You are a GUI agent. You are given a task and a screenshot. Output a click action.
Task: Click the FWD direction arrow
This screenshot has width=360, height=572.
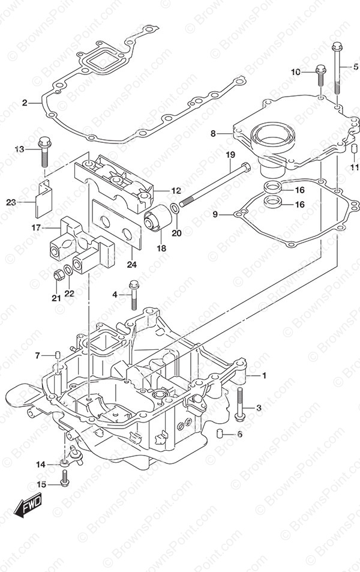point(28,505)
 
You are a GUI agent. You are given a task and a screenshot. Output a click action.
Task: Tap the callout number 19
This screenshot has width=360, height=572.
point(230,155)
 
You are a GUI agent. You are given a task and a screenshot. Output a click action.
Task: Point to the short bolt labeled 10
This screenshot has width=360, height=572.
point(320,75)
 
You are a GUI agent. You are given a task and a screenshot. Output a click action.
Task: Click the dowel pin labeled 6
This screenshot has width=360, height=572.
point(221,434)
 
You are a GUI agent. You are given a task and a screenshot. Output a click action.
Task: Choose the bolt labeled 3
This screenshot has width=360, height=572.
point(239,404)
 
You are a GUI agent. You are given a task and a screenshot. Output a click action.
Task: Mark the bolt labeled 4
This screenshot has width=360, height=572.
point(134,294)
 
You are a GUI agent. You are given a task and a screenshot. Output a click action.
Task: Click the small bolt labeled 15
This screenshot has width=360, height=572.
point(65,478)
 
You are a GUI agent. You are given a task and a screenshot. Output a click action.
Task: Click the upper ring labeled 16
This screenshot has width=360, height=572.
point(272,187)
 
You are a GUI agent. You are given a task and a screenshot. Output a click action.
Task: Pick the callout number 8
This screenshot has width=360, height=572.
point(213,133)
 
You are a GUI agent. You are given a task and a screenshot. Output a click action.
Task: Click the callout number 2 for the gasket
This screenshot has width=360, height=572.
point(25,103)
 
